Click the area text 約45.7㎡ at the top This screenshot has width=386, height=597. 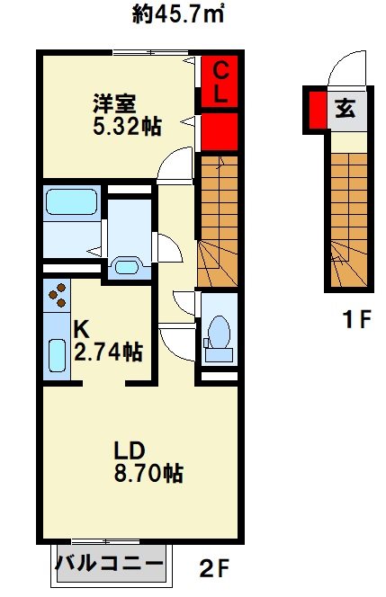tap(178, 15)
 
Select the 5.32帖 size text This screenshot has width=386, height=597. tap(128, 127)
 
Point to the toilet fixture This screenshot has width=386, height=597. tap(218, 334)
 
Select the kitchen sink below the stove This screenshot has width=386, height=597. tap(57, 354)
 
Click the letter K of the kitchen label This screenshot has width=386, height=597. tap(80, 330)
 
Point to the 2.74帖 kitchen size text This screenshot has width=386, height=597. tap(108, 352)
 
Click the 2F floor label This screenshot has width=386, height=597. tap(215, 568)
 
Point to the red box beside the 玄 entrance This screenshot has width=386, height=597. tap(317, 110)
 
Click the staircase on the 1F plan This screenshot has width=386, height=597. tap(347, 216)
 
